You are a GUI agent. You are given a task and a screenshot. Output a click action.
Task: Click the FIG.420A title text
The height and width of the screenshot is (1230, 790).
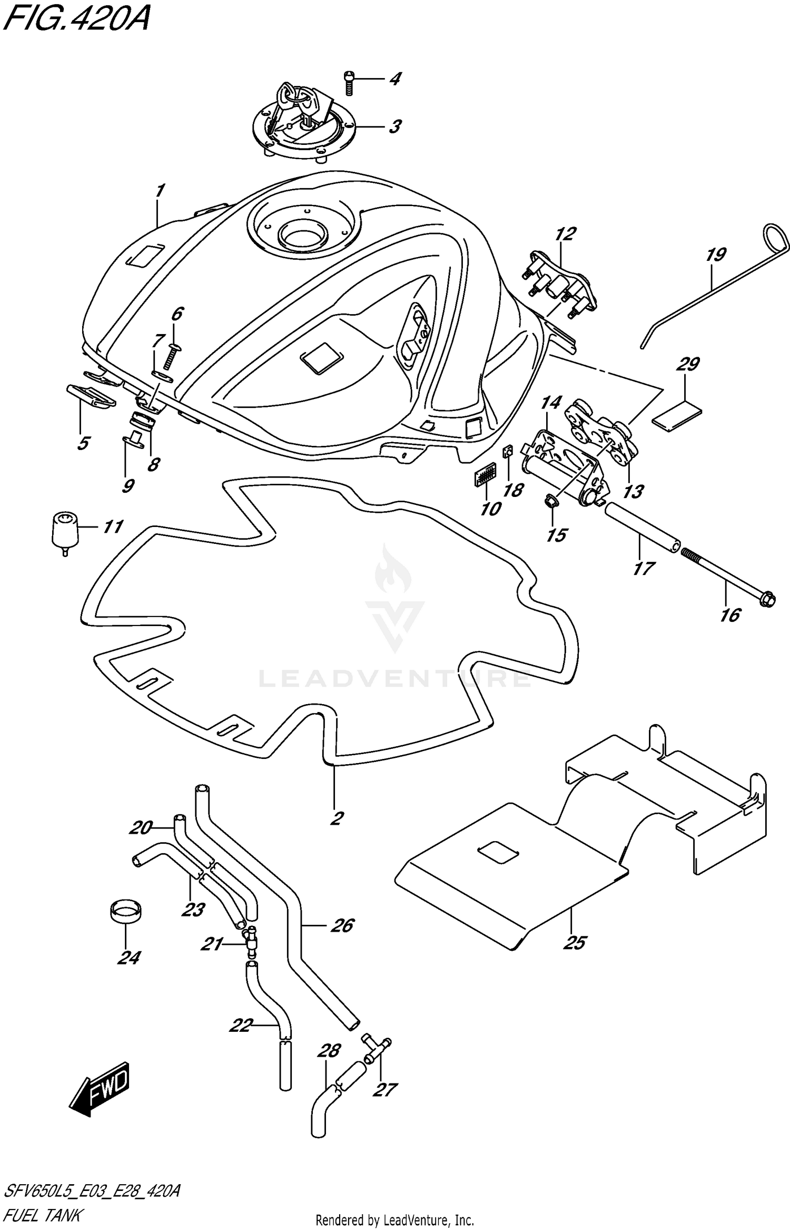click(76, 21)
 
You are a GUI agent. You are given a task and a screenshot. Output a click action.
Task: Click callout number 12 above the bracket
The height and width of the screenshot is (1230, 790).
click(565, 233)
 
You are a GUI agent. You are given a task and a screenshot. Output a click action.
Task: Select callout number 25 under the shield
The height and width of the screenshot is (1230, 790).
click(574, 943)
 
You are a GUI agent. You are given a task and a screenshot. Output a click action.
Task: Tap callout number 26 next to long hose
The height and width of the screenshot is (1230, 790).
click(342, 926)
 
